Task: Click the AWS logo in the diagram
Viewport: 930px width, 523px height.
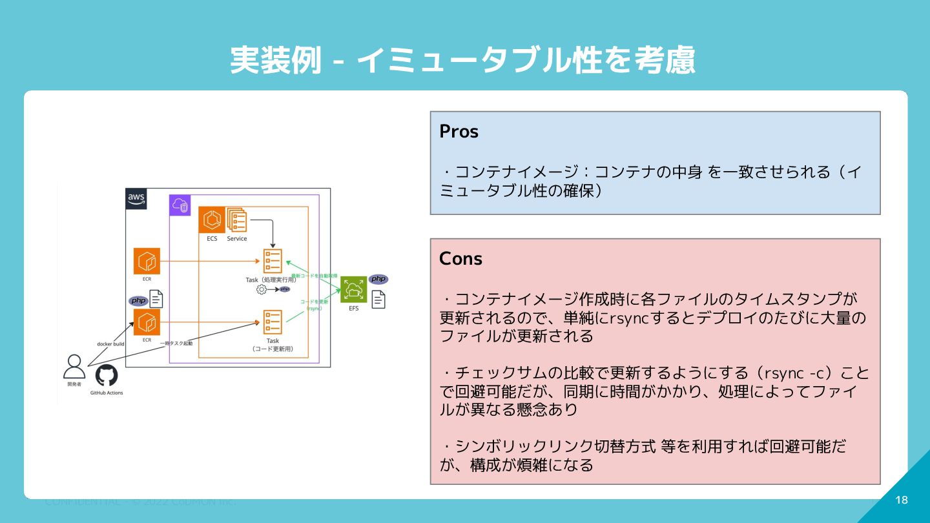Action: coord(136,199)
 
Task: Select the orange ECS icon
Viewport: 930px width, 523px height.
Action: coord(211,220)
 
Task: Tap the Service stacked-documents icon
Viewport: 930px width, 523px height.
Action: coord(237,220)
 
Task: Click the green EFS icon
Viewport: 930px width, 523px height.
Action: coord(353,289)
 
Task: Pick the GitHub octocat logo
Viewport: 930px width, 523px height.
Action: coord(107,376)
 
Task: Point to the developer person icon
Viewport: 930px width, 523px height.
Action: coord(74,367)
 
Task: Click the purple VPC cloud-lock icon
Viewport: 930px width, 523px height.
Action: coord(180,206)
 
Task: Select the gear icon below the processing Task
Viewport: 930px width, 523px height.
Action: coord(262,290)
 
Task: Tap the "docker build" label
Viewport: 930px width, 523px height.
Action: coord(110,344)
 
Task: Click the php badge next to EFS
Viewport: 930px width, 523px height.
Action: coord(378,279)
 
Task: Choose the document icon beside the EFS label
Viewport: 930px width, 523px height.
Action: coord(378,299)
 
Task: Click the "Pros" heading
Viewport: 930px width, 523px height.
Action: coord(459,132)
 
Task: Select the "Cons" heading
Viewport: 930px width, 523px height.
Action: coord(460,259)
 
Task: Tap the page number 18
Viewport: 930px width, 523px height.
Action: coord(902,500)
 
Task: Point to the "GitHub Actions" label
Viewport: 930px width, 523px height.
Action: coord(107,393)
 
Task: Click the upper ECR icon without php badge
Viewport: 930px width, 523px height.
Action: coord(147,261)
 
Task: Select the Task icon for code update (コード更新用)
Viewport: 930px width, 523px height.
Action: coord(273,322)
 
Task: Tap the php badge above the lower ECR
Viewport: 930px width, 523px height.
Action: coord(138,300)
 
